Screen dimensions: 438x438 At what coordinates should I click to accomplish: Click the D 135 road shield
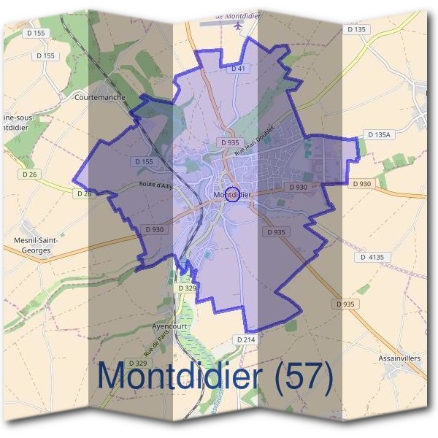(356, 30)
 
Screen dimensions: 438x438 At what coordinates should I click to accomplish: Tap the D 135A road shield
(380, 135)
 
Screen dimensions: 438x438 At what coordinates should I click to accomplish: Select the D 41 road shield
(236, 68)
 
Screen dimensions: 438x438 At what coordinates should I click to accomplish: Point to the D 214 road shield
(245, 340)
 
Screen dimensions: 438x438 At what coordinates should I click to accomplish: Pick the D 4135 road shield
(372, 257)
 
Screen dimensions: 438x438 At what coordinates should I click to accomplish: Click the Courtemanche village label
(100, 96)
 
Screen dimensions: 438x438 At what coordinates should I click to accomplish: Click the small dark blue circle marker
(232, 194)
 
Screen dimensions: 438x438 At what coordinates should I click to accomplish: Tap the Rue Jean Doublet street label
(254, 139)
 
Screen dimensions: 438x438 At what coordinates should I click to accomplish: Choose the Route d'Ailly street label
(157, 185)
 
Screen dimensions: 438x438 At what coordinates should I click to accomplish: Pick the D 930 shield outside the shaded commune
(362, 184)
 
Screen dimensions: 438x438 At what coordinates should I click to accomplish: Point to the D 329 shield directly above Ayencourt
(188, 288)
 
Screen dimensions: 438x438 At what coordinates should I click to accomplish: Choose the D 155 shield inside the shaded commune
(143, 161)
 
